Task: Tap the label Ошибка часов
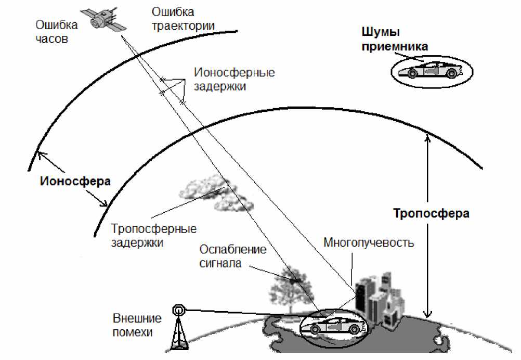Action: pyautogui.click(x=57, y=32)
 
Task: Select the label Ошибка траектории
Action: pyautogui.click(x=183, y=18)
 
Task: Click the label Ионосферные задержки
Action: pyautogui.click(x=233, y=79)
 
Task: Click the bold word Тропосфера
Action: pyautogui.click(x=431, y=213)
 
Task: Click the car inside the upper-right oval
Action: pyautogui.click(x=431, y=70)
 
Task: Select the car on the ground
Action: pyautogui.click(x=333, y=327)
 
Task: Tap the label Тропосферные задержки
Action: pyautogui.click(x=154, y=236)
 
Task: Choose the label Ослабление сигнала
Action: pyautogui.click(x=232, y=256)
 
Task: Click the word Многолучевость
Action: pyautogui.click(x=369, y=243)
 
